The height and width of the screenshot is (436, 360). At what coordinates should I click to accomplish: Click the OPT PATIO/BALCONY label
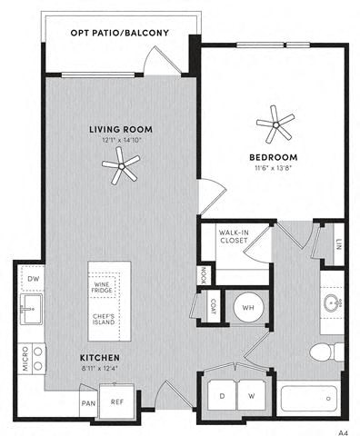120,34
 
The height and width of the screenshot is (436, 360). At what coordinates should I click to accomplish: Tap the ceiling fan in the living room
121,163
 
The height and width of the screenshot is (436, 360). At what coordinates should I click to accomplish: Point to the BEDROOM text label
274,156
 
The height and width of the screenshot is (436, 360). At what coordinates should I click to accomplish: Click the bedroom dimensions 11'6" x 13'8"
274,169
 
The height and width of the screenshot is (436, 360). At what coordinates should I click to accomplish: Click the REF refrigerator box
117,401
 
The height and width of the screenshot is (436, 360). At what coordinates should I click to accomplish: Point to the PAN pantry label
89,402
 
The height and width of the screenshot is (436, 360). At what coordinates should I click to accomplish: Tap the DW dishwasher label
34,279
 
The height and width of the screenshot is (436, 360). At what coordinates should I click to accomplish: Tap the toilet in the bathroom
323,352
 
